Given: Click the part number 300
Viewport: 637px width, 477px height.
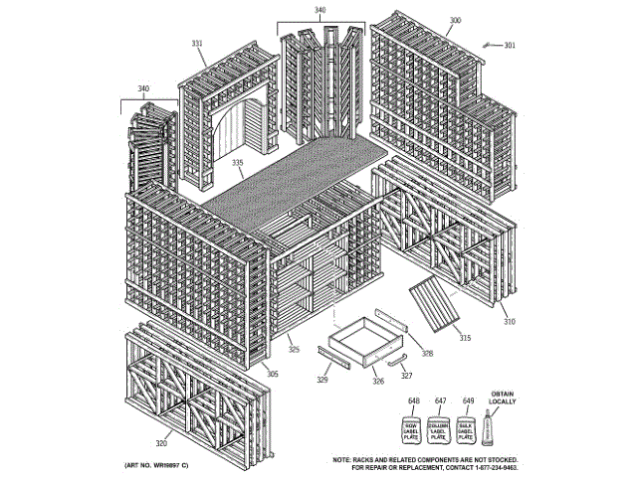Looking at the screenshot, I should click(x=456, y=20).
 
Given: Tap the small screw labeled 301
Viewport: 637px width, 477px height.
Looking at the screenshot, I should click(x=489, y=45).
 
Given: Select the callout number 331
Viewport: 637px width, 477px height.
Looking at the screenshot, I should click(x=197, y=44).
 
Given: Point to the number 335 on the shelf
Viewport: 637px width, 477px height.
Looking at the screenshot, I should click(x=238, y=162).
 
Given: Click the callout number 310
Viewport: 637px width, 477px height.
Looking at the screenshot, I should click(x=509, y=322).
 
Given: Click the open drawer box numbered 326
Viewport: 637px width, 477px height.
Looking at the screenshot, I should click(x=359, y=344).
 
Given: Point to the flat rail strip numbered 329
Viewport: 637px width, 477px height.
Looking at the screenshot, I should click(x=333, y=358).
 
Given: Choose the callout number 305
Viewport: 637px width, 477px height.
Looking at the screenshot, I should click(x=273, y=374).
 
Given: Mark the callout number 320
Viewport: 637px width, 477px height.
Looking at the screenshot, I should click(x=161, y=444).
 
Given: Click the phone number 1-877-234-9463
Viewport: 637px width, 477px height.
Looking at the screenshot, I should click(x=490, y=465).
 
